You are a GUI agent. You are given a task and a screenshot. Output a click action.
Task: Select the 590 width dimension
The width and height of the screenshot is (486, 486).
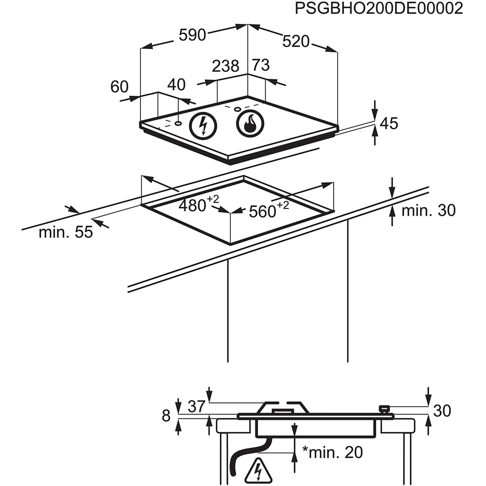[192, 35]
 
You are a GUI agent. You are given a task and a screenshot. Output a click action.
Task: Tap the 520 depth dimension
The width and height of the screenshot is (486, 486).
[295, 42]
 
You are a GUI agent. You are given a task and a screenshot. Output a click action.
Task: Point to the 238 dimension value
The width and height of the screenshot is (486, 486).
[226, 66]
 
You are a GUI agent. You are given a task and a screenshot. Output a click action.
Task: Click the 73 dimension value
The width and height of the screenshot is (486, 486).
[260, 65]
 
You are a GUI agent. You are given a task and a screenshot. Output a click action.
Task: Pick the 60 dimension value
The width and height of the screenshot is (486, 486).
[119, 87]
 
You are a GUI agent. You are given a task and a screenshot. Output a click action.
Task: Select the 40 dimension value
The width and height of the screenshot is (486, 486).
[176, 85]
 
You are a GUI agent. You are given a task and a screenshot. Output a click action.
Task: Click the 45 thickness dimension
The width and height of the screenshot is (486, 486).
[388, 123]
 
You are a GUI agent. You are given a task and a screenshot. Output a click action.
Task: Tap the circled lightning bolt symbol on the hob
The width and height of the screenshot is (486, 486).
[203, 126]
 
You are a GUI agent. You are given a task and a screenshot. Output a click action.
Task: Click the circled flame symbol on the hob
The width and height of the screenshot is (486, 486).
[250, 123]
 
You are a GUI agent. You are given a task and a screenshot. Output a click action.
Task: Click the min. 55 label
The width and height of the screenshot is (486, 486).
[66, 232]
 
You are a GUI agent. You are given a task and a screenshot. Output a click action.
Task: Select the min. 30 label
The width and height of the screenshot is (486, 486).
[428, 210]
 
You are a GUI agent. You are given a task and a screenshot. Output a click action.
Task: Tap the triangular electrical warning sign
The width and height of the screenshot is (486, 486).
[258, 470]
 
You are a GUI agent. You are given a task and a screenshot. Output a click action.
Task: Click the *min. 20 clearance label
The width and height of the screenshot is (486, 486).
[332, 452]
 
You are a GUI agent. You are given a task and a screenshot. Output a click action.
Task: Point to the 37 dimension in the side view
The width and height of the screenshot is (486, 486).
[196, 406]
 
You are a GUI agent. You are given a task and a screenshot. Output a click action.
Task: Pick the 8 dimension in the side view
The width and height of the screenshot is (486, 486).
[166, 416]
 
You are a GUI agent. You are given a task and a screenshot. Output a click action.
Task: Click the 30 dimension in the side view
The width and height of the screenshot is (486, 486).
[442, 411]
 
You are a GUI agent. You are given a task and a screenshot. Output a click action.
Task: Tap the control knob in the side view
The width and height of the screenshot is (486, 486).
[385, 409]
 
